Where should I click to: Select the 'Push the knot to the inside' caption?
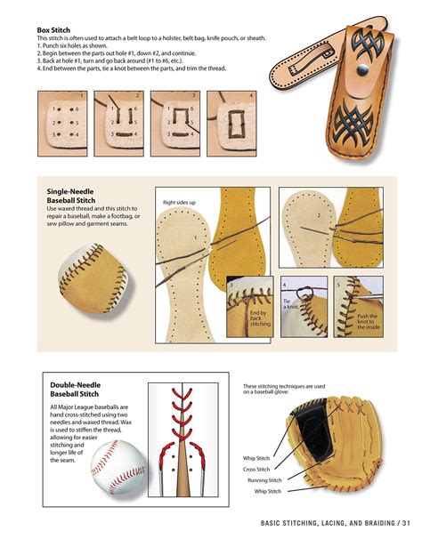pyautogui.click(x=368, y=321)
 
